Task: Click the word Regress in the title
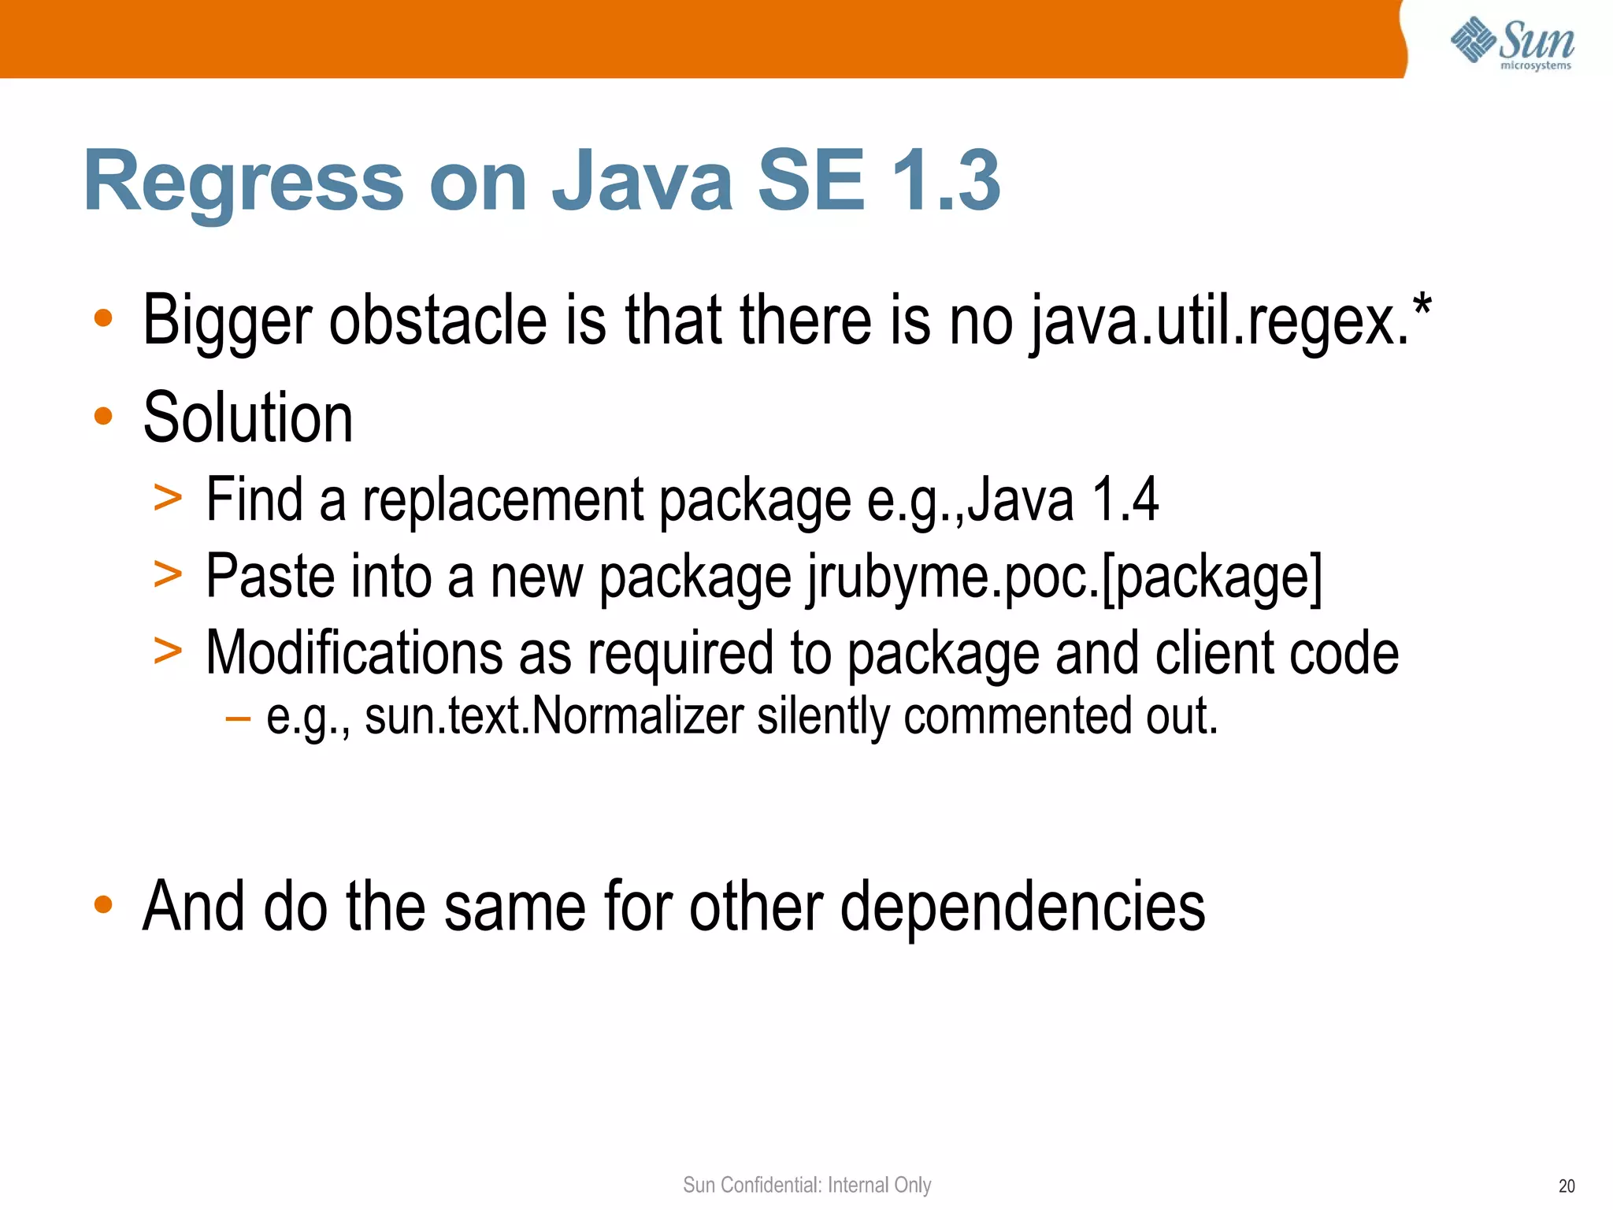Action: click(243, 182)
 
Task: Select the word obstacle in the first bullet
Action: click(437, 321)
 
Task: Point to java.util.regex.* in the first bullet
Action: click(1229, 321)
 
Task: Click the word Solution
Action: click(247, 418)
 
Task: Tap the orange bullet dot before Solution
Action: click(103, 415)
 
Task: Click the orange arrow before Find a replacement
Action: click(168, 499)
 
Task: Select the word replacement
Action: click(503, 500)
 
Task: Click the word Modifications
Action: click(354, 653)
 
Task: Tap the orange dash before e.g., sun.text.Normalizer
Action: click(237, 718)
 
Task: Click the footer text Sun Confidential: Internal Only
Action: click(806, 1185)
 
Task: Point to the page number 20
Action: click(1567, 1186)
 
